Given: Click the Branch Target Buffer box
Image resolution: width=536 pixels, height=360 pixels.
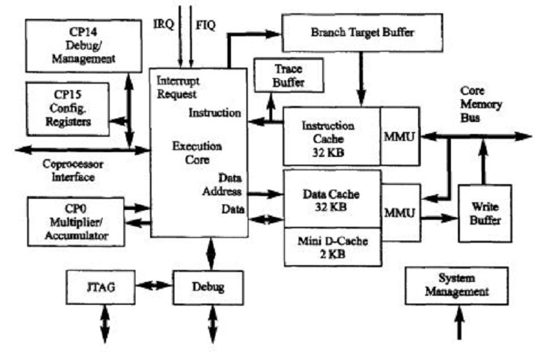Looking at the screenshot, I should click(362, 31).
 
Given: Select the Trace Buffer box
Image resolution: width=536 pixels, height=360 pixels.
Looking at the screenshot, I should click(289, 75).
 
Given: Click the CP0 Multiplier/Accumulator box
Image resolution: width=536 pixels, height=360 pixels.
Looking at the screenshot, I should click(75, 221).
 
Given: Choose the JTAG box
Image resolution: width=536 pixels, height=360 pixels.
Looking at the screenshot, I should click(96, 286).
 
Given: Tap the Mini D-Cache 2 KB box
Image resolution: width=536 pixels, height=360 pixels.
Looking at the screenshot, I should click(332, 248).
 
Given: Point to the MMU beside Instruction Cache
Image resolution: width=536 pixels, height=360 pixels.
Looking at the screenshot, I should click(400, 136).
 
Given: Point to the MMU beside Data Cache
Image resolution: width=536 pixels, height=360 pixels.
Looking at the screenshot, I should click(400, 211).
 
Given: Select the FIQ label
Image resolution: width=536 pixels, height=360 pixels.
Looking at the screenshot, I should click(205, 24).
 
